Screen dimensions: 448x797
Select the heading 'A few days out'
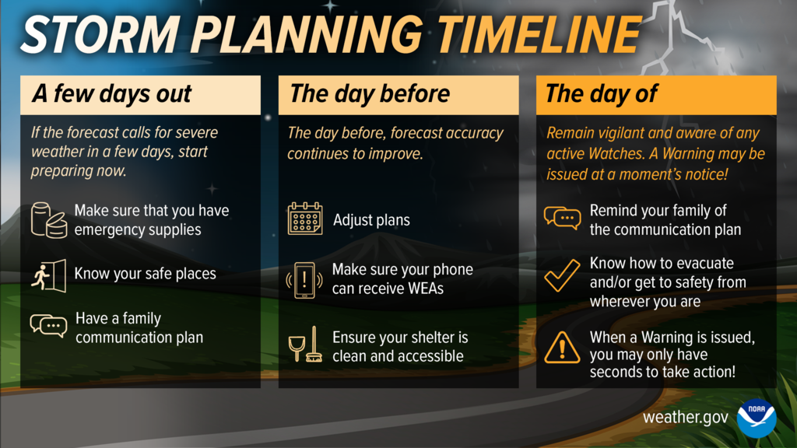[111, 94]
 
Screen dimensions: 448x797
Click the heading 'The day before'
[370, 94]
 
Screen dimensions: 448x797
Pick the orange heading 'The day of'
[602, 94]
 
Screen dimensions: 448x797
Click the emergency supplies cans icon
[48, 219]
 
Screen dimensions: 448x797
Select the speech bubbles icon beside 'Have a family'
[48, 326]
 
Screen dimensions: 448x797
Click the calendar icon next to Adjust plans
[304, 219]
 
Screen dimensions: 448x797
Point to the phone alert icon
[304, 280]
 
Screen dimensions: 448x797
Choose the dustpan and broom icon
[304, 345]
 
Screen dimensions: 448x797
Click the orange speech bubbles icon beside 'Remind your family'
[562, 218]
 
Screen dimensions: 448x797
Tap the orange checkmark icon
[562, 275]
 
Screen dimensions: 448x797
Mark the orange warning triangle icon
[562, 348]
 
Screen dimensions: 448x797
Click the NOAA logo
[757, 418]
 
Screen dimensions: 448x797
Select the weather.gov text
[685, 418]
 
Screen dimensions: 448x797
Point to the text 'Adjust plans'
[371, 220]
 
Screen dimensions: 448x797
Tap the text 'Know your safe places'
[146, 274]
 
